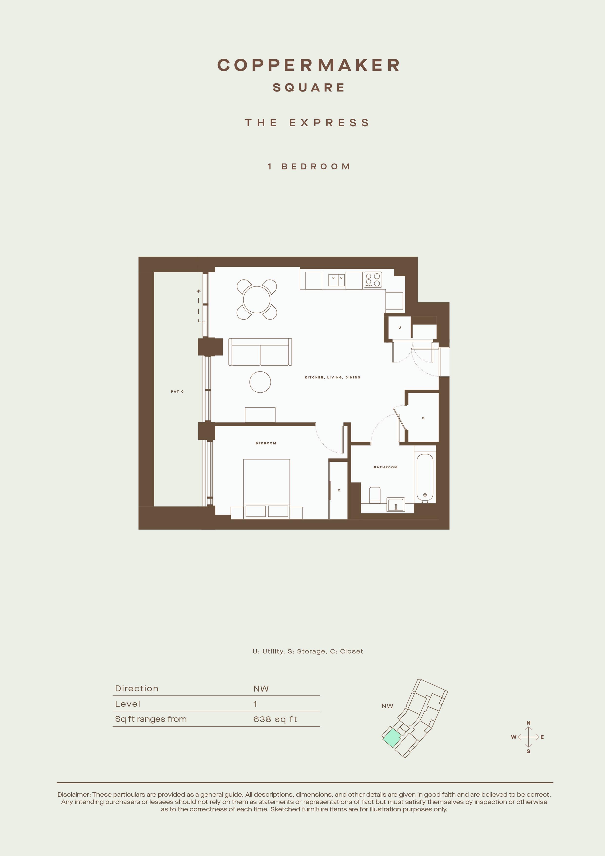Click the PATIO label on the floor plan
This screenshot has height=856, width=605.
[x=177, y=391]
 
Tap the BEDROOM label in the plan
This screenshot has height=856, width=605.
[x=266, y=443]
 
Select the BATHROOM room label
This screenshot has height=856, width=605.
[x=386, y=467]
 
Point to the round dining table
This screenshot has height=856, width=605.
[x=257, y=299]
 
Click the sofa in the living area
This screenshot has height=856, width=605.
[x=260, y=352]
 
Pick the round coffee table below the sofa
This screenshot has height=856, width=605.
[x=260, y=382]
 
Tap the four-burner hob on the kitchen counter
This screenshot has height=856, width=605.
[x=373, y=280]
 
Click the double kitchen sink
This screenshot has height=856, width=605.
[x=337, y=280]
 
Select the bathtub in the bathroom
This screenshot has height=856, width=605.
[x=425, y=478]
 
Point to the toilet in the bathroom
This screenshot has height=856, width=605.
[x=374, y=495]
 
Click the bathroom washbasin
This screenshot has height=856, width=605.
[x=396, y=504]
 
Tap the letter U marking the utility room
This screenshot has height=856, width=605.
[x=400, y=328]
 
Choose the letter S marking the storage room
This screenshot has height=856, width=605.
[x=423, y=418]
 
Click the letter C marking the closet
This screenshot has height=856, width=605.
[x=339, y=490]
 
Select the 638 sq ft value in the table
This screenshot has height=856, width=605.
[x=275, y=719]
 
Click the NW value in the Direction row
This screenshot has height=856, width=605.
[x=261, y=689]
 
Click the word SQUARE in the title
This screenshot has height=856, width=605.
[x=309, y=88]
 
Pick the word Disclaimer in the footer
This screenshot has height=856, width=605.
[x=74, y=795]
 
